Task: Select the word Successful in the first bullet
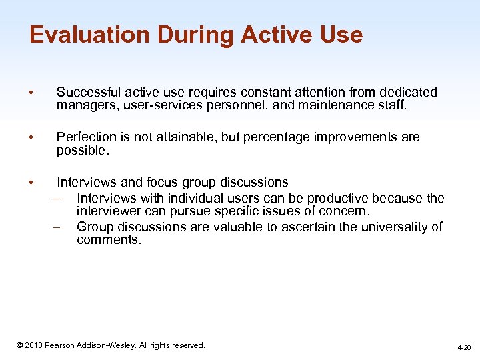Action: pyautogui.click(x=88, y=92)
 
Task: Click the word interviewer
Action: pyautogui.click(x=109, y=212)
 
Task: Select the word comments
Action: pyautogui.click(x=109, y=240)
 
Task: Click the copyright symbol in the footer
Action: pyautogui.click(x=20, y=345)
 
